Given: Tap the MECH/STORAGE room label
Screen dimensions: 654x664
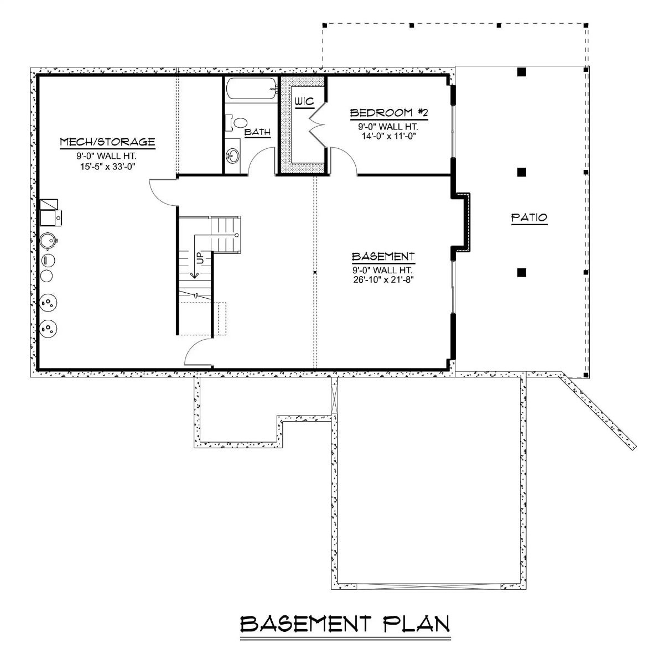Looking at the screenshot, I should click(107, 142).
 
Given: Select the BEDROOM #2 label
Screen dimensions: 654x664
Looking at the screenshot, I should click(390, 113).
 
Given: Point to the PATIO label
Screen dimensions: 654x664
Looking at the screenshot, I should click(528, 217).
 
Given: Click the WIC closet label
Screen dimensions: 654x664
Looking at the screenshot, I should click(304, 102).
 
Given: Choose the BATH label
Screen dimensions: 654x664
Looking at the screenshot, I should click(257, 132).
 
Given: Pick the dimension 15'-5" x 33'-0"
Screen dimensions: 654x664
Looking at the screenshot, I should click(107, 165).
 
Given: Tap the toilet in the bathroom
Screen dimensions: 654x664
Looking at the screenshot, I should click(239, 122).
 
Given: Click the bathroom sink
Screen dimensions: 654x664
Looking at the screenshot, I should click(234, 156).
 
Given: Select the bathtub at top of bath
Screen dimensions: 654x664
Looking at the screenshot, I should click(251, 89).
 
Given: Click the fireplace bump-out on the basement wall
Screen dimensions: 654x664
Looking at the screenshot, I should click(463, 221).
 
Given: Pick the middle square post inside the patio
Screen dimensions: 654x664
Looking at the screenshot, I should click(521, 172).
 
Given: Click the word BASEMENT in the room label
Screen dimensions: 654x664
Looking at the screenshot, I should click(383, 257).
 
